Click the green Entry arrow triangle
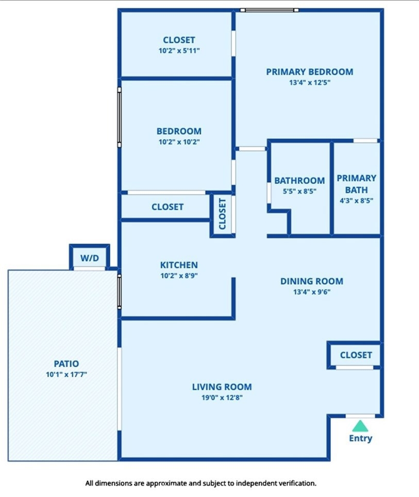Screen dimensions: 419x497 [360, 426]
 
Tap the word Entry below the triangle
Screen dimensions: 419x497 [361, 438]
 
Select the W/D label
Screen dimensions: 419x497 [90, 258]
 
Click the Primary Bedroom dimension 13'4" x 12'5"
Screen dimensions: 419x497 [310, 83]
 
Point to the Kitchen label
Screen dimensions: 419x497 [179, 265]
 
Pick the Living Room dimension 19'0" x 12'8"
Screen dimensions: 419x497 [222, 398]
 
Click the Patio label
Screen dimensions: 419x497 [66, 364]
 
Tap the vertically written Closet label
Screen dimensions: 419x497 [222, 214]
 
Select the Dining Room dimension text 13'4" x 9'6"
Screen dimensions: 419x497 [312, 292]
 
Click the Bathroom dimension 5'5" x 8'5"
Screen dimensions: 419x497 [299, 192]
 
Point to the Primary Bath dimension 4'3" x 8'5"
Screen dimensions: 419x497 [357, 201]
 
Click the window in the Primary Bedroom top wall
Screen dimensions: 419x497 [270, 10]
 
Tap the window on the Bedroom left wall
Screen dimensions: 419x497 [119, 117]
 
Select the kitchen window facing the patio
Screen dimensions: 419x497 [119, 292]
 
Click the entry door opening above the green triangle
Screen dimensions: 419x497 [360, 416]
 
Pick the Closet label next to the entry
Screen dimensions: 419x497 [356, 355]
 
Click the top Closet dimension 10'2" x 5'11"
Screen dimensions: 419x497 [179, 50]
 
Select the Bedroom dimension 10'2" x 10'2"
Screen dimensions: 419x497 [179, 142]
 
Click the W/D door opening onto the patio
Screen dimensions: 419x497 [90, 269]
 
